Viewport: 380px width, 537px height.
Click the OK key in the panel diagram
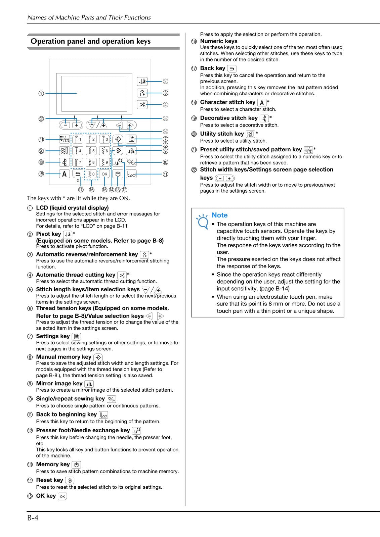(x=104, y=174)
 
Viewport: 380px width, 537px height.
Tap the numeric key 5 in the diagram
(x=91, y=151)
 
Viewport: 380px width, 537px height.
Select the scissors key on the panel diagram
(x=142, y=104)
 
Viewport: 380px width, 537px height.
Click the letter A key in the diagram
(x=64, y=174)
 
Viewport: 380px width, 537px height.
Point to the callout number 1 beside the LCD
(x=41, y=93)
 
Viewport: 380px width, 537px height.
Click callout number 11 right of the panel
(x=165, y=174)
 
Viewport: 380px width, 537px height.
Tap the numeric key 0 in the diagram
(x=91, y=174)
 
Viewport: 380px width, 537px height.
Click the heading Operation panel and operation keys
(x=91, y=41)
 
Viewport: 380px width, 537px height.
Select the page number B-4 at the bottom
(x=33, y=518)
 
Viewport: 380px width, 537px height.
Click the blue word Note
(x=219, y=215)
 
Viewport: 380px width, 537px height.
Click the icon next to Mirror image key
(x=89, y=384)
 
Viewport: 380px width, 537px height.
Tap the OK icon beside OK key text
(x=62, y=496)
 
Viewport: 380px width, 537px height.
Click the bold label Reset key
(x=49, y=480)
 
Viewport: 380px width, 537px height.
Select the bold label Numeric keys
(x=219, y=41)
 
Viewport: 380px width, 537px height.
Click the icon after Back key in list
(x=232, y=69)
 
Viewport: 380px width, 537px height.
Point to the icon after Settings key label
(x=76, y=336)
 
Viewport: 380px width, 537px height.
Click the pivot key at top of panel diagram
(x=142, y=81)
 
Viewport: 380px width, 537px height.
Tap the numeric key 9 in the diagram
(x=104, y=162)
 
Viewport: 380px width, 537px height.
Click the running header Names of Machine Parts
(x=89, y=17)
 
